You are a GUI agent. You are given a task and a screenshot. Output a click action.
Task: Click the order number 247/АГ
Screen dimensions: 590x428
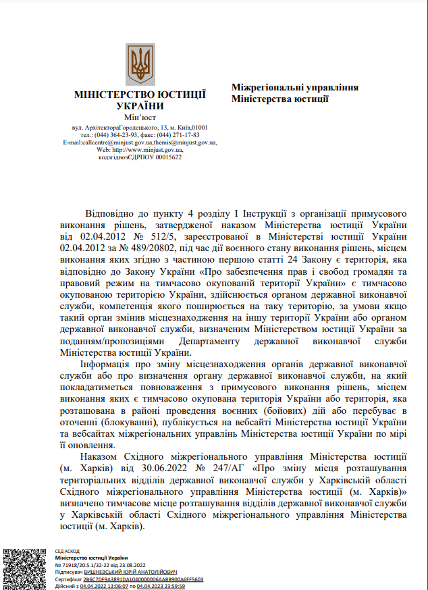(231, 468)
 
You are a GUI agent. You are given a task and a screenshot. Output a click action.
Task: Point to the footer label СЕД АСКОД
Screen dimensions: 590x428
(68, 551)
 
